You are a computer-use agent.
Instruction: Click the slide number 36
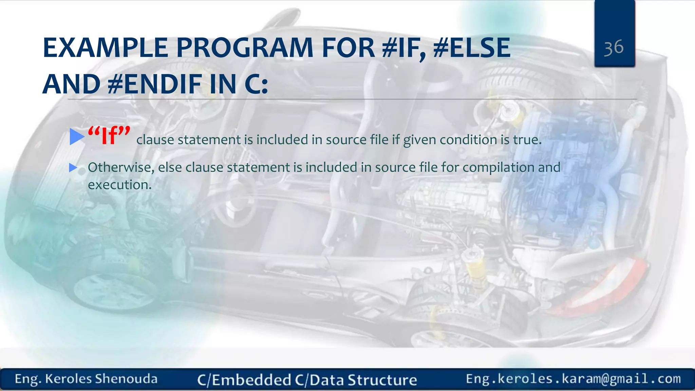click(x=614, y=48)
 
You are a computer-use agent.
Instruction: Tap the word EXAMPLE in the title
click(x=105, y=48)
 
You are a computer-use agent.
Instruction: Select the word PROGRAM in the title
click(x=245, y=48)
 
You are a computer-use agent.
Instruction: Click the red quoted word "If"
click(x=109, y=136)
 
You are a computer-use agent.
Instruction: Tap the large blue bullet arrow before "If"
click(x=77, y=136)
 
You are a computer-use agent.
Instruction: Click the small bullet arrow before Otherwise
click(x=73, y=167)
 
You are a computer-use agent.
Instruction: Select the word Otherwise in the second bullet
click(x=120, y=167)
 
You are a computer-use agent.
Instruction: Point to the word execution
click(x=119, y=185)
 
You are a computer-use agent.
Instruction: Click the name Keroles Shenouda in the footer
click(x=101, y=379)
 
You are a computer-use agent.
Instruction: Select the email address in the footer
click(x=573, y=379)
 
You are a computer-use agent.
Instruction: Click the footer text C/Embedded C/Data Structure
click(x=307, y=380)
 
